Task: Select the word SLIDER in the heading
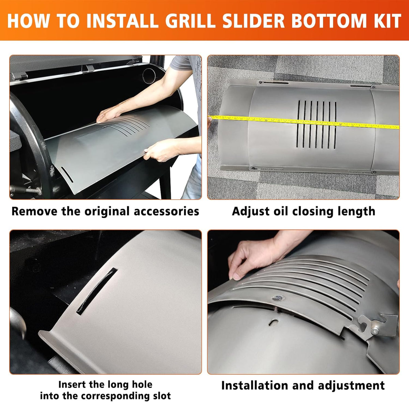(x=254, y=20)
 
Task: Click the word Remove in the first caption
(x=34, y=212)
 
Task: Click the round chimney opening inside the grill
(x=149, y=76)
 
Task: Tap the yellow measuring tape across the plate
(x=304, y=122)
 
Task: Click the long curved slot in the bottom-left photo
(x=97, y=291)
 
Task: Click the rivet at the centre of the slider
(x=278, y=298)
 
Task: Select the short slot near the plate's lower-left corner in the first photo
(x=67, y=174)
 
